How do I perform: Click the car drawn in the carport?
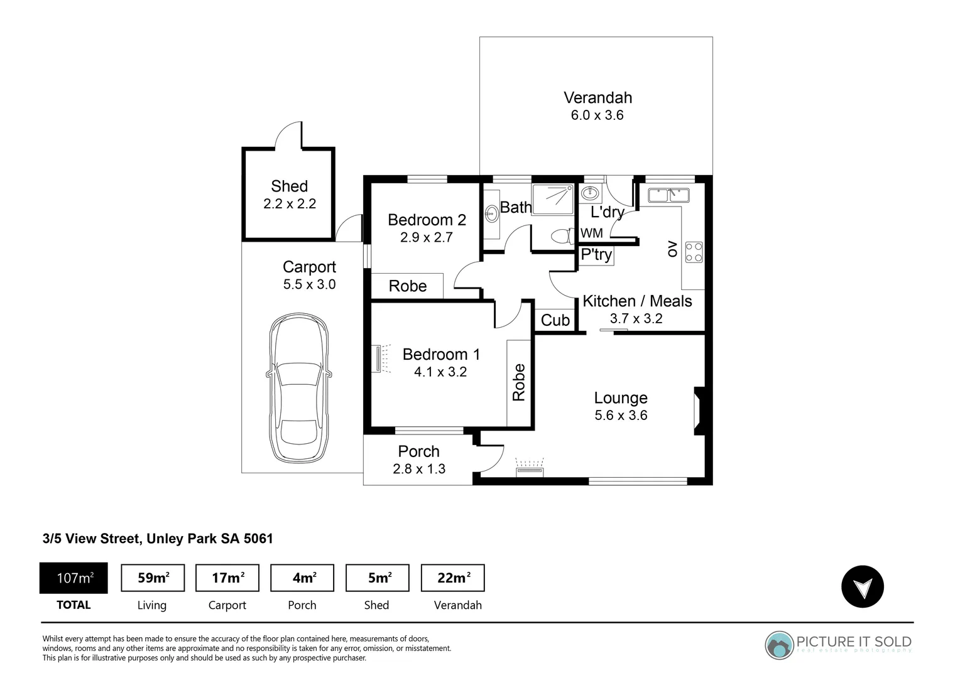coord(298,389)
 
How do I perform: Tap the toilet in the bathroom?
coord(561,236)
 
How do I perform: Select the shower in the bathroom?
coord(553,199)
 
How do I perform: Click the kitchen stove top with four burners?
coord(694,252)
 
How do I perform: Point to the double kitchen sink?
coord(668,195)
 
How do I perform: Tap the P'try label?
coord(596,254)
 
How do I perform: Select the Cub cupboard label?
coord(555,320)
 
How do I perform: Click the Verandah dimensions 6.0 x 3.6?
coord(597,116)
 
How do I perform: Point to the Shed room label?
coord(289,186)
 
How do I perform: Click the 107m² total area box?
coord(74,578)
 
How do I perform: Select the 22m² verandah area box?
coord(452,578)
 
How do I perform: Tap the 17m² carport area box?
coord(227,578)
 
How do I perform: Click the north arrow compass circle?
coord(862,587)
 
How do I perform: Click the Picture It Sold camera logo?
coord(779,645)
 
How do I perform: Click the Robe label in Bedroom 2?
coord(407,286)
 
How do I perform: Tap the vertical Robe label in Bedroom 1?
coord(518,382)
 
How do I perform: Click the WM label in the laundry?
coord(591,233)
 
